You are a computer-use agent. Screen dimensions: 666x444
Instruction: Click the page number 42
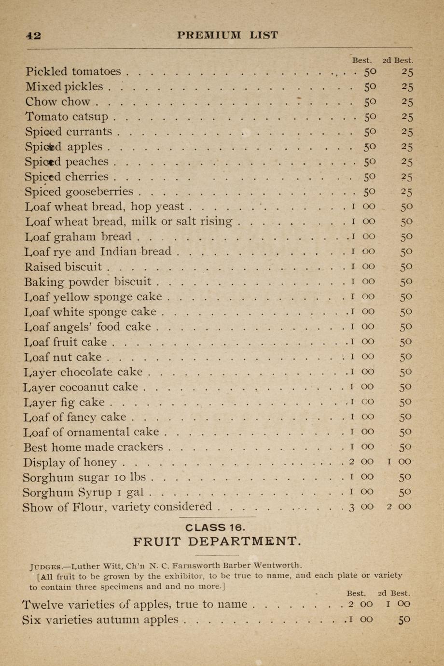33,35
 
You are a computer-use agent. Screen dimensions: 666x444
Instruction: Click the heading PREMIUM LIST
227,35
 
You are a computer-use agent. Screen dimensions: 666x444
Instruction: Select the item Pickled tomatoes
73,72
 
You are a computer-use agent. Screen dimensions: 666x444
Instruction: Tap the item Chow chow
57,102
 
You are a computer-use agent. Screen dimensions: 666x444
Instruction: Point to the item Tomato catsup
67,117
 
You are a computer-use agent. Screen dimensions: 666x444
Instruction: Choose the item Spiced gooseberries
79,192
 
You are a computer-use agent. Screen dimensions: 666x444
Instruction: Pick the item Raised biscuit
63,266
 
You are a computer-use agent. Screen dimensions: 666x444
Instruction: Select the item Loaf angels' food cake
87,327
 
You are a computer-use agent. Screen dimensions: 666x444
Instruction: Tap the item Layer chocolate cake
83,372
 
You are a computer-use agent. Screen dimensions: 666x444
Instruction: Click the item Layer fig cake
64,402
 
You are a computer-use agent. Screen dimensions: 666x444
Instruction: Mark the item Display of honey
69,462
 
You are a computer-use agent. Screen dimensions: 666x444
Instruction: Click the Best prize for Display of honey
361,462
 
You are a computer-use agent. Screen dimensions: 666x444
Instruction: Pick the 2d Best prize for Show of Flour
399,506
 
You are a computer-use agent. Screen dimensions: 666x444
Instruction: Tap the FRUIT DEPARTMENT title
217,541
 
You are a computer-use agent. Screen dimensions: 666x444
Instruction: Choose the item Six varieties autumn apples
100,620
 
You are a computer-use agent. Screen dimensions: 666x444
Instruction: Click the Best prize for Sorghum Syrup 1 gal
361,492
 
